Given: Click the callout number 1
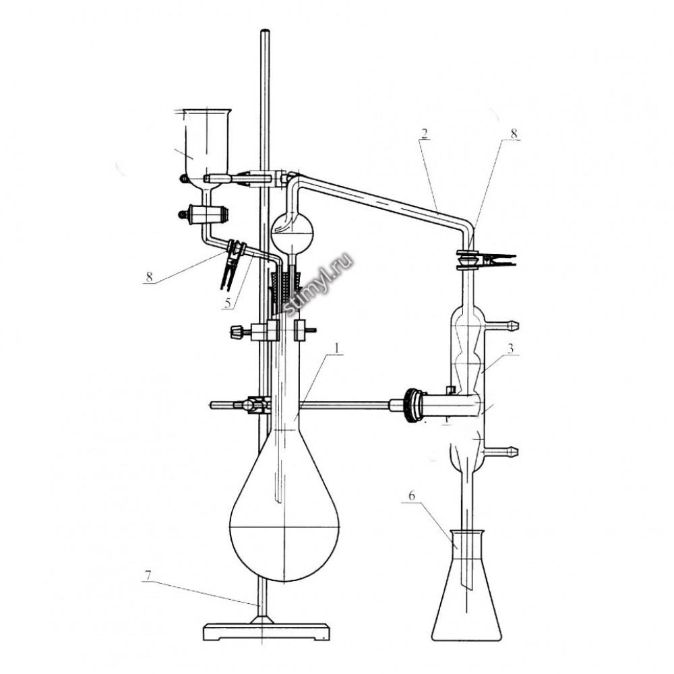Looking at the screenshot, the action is pos(338,348).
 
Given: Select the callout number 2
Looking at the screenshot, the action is pos(424,133).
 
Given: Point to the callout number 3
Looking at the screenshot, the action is pos(510,348).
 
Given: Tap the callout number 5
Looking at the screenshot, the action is pos(228,303).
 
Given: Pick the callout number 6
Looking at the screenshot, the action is pos(411,495).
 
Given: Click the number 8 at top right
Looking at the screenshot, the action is pos(514,133).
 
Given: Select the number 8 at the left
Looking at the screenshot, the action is pos(149,276).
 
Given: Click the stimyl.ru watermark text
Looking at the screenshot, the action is pos(317,284).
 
